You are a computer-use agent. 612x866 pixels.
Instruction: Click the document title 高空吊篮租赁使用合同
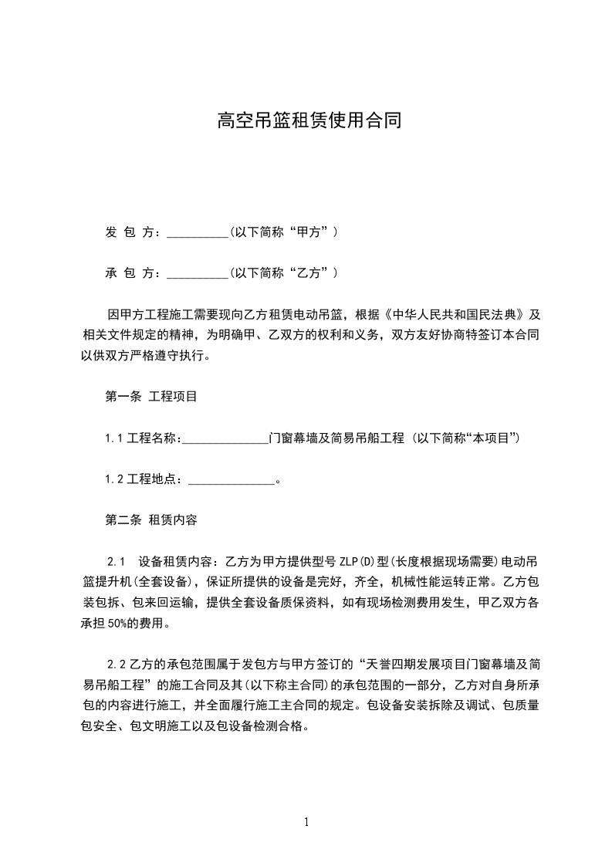point(309,120)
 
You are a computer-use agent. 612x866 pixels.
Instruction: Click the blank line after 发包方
point(198,232)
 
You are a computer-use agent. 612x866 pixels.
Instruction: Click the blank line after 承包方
point(198,273)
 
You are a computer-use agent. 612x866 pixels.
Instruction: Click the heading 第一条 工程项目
point(151,397)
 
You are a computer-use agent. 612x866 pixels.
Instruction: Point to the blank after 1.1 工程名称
point(225,438)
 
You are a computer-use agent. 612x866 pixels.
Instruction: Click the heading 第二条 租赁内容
point(151,520)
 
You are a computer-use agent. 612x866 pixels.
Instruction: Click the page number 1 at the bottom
point(307,822)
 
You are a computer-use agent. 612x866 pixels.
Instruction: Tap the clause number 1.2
point(115,480)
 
